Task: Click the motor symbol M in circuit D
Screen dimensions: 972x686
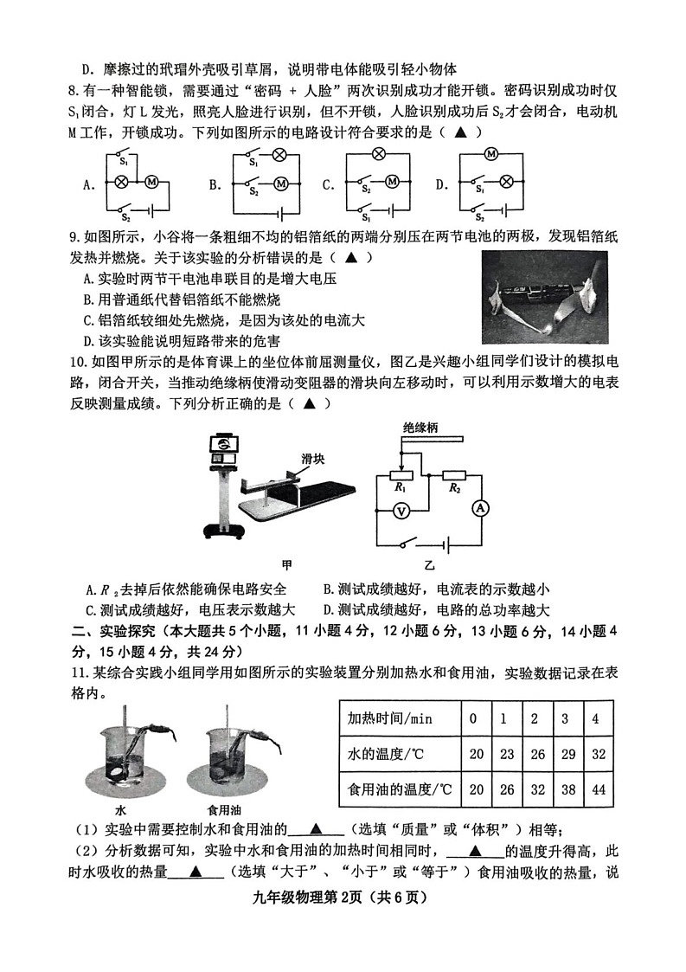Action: (x=490, y=154)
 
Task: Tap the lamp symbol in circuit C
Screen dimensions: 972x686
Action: (x=377, y=154)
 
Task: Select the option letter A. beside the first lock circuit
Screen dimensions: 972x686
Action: (x=88, y=184)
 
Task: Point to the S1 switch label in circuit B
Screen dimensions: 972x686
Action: (x=253, y=164)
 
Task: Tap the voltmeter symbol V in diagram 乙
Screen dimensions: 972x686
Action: (x=401, y=512)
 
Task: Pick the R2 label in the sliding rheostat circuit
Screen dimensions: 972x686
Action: (x=454, y=488)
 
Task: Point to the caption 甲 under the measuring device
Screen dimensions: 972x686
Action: (x=286, y=564)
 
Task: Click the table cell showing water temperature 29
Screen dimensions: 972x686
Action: (x=568, y=754)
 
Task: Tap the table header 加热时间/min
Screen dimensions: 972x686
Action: (x=389, y=718)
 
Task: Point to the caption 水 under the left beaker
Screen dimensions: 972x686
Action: (x=120, y=810)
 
